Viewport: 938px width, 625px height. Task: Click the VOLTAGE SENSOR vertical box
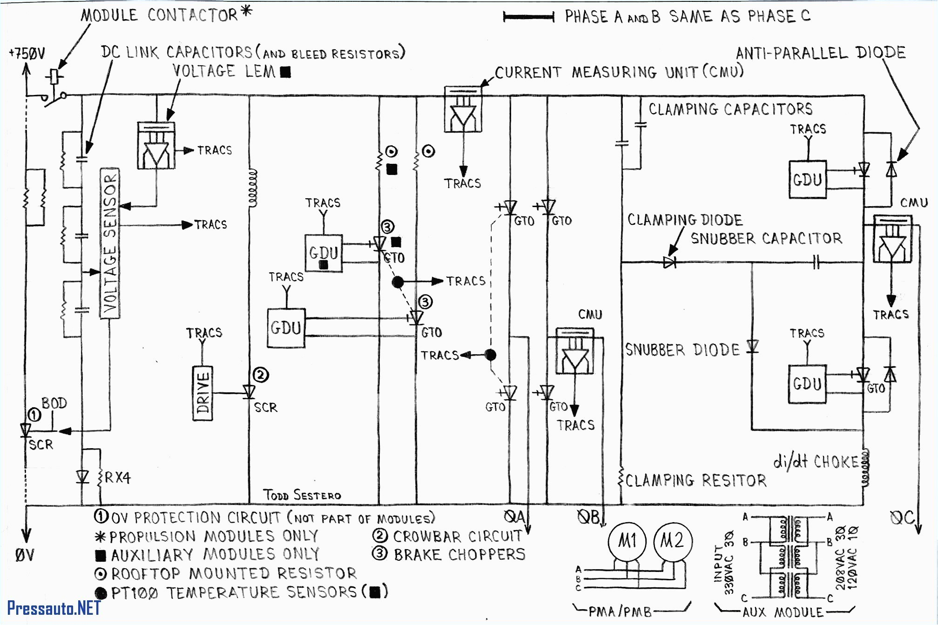[x=110, y=243]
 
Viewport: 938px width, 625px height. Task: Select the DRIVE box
[x=202, y=394]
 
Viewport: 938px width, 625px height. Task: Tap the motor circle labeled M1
[x=627, y=541]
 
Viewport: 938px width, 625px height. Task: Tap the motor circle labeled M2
[x=672, y=541]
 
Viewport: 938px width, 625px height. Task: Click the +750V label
[x=27, y=54]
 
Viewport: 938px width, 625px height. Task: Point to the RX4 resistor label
[x=117, y=478]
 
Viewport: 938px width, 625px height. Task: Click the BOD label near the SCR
[x=54, y=403]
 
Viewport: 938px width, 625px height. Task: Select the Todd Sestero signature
[x=302, y=495]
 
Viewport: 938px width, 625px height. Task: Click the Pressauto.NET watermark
[x=54, y=608]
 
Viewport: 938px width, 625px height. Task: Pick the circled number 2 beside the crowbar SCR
[x=261, y=375]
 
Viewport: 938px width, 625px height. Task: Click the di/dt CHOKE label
[x=816, y=462]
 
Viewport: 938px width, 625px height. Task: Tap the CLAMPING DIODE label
[x=685, y=220]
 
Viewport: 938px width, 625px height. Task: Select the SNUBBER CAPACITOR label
[x=766, y=239]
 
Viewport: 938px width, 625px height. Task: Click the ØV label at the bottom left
[x=25, y=555]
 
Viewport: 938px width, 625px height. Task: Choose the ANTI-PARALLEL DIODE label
[x=821, y=53]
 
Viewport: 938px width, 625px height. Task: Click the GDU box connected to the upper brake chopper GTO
[x=324, y=253]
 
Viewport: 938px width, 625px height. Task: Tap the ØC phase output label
[x=902, y=518]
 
